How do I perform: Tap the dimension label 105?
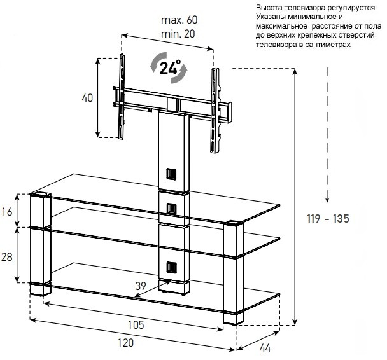tap(135, 324)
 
